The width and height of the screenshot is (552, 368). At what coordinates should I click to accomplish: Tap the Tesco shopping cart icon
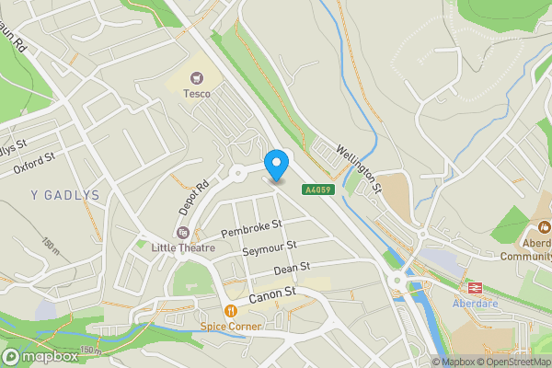196,78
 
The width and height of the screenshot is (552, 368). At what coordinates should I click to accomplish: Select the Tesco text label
196,93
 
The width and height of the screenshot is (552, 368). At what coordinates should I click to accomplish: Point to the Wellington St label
359,167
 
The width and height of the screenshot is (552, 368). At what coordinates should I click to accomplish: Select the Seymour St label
269,248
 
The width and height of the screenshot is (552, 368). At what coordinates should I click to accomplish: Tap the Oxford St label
35,163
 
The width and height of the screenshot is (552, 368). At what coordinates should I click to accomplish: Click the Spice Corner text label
231,326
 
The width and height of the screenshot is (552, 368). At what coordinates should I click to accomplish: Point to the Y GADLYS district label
63,194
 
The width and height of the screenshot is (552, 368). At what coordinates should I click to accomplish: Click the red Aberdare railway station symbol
477,287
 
